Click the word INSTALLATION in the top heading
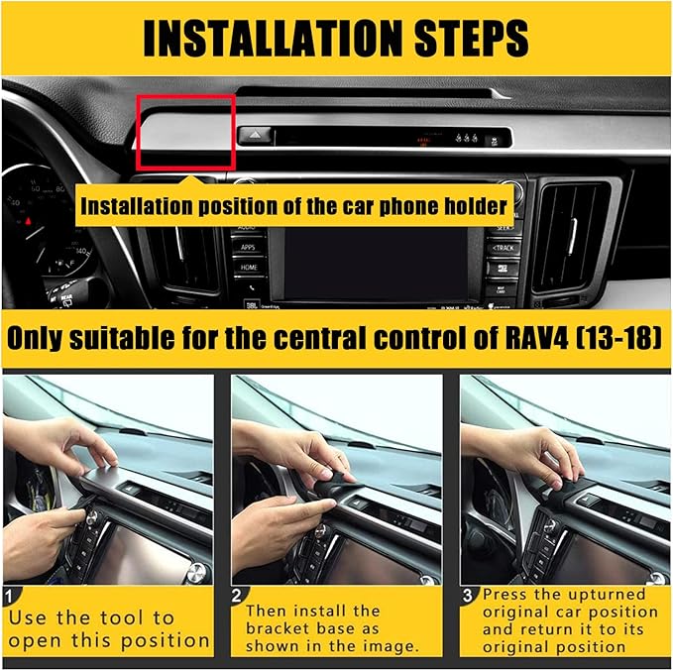tap(275, 39)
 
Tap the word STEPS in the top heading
tap(471, 39)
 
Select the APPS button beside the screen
tap(248, 248)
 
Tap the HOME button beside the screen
tap(249, 267)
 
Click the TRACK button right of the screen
tap(503, 248)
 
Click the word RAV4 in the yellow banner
tap(536, 338)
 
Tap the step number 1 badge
tap(10, 597)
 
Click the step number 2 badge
tap(237, 596)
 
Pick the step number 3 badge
tap(468, 596)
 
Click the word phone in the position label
tap(409, 206)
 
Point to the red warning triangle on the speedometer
tap(29, 222)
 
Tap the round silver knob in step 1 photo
tap(196, 572)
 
